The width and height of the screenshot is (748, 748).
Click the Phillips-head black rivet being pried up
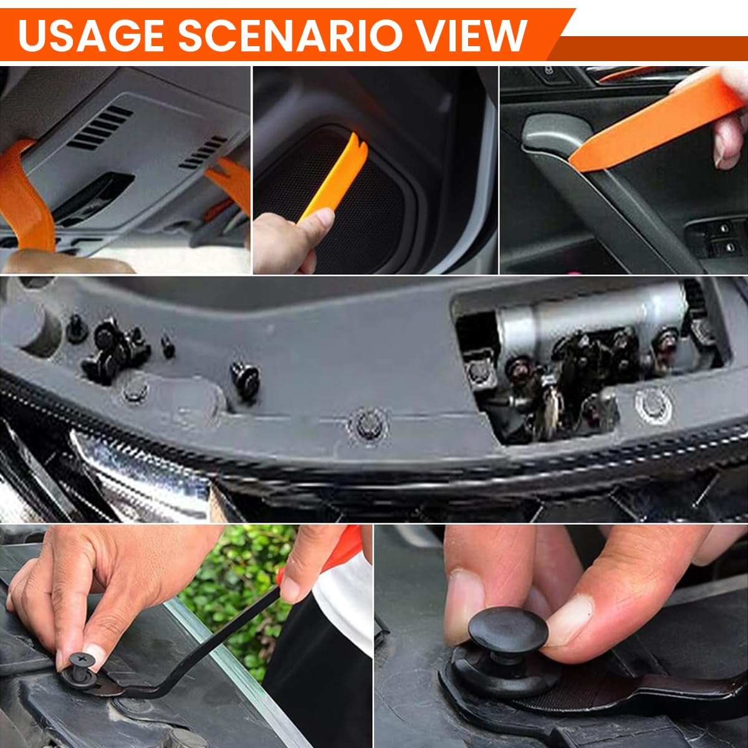click(x=81, y=661)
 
